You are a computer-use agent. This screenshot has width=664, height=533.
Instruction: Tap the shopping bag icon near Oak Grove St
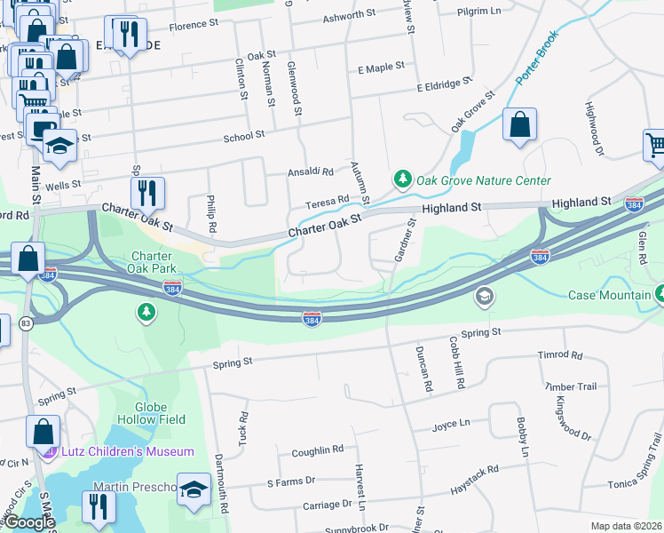tap(519, 125)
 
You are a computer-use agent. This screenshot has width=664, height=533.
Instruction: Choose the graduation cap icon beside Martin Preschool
tap(194, 489)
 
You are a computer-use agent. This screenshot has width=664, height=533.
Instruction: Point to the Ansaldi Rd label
tap(309, 172)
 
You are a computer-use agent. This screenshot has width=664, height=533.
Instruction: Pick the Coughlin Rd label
tap(317, 450)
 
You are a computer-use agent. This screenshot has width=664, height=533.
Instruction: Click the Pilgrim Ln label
tap(507, 11)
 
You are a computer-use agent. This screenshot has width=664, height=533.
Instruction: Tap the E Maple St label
tap(381, 68)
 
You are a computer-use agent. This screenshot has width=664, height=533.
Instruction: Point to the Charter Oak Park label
tap(149, 261)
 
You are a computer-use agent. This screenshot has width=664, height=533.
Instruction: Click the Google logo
tap(29, 522)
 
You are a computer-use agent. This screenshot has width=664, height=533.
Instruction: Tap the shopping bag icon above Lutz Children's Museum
tap(43, 433)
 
